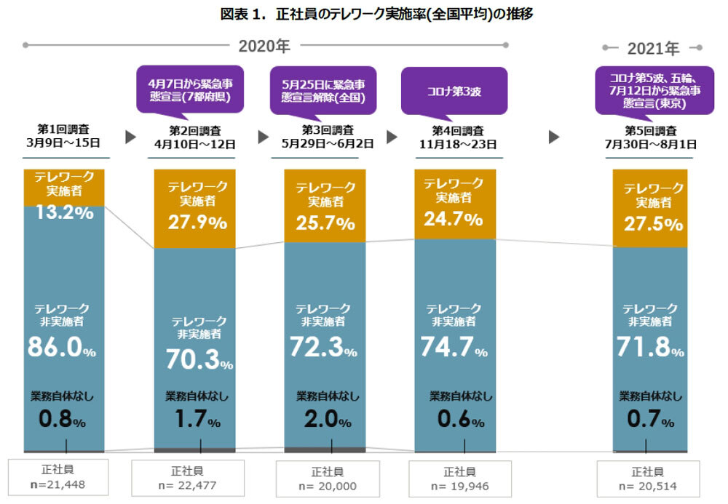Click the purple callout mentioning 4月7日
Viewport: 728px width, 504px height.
pyautogui.click(x=189, y=89)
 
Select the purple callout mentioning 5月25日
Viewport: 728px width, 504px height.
pyautogui.click(x=323, y=89)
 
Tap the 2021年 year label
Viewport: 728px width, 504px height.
pyautogui.click(x=653, y=49)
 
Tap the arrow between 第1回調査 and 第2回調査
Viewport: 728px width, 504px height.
pyautogui.click(x=131, y=136)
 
